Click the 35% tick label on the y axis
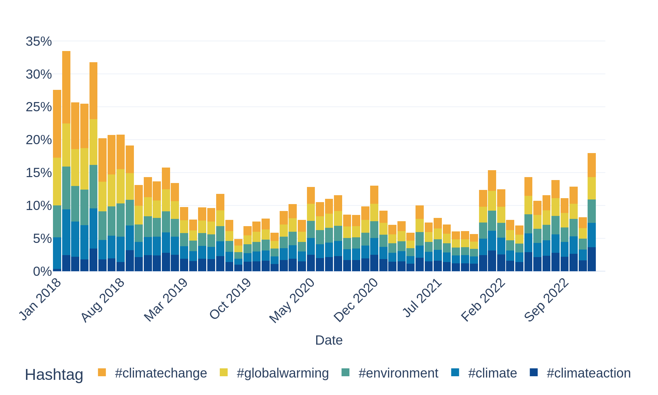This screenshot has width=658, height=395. click(x=39, y=41)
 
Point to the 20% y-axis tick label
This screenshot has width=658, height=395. click(x=39, y=140)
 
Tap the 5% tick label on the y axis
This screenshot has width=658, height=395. click(x=42, y=239)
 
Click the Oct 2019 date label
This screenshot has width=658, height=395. click(x=231, y=299)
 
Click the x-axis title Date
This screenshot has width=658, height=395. click(x=329, y=340)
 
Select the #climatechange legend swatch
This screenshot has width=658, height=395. click(x=102, y=372)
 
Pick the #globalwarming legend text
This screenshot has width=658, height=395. click(x=283, y=373)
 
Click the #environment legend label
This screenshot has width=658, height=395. click(x=398, y=373)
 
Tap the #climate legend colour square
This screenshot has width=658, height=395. click(x=455, y=372)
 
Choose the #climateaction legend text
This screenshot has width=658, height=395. click(x=589, y=373)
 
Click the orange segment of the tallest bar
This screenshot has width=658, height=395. click(x=66, y=87)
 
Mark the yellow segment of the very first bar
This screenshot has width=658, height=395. click(x=57, y=181)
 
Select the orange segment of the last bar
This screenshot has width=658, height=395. click(x=592, y=165)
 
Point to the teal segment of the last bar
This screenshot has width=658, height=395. click(x=592, y=211)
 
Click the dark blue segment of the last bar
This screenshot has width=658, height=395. click(x=592, y=259)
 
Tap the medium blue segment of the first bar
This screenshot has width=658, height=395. click(x=57, y=253)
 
